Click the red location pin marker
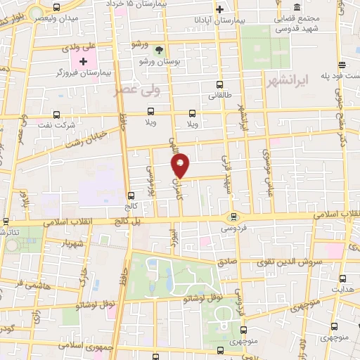(181, 165)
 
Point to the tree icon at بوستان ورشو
(159, 49)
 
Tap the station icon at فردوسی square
(233, 217)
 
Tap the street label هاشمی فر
(32, 285)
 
